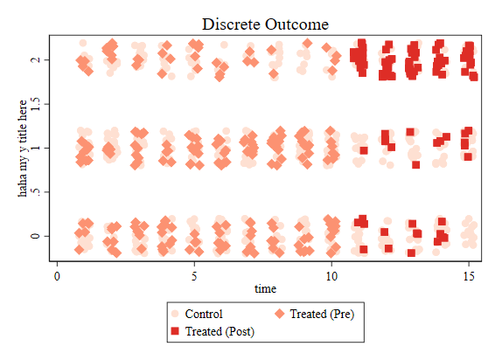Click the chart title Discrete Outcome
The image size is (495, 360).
tap(265, 24)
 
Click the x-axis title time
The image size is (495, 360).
tap(265, 288)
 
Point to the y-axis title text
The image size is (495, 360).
tap(23, 149)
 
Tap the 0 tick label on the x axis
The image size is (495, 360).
tap(57, 276)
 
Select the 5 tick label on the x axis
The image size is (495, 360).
tap(194, 276)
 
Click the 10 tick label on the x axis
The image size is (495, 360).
tap(331, 276)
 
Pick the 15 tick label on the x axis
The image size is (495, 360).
tap(469, 276)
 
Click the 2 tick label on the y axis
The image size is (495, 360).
tap(35, 59)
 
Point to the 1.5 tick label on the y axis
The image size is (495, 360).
tap(35, 104)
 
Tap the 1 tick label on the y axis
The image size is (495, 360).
tap(35, 148)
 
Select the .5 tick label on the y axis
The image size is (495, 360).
tap(35, 192)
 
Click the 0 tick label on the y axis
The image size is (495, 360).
tap(35, 236)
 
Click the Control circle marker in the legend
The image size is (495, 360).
tap(175, 314)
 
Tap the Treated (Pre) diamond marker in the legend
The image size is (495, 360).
tap(279, 314)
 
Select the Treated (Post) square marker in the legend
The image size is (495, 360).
tap(175, 331)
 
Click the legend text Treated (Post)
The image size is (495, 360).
tap(220, 332)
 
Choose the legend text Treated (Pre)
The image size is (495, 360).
tap(322, 315)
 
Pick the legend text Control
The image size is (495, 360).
tap(204, 314)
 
